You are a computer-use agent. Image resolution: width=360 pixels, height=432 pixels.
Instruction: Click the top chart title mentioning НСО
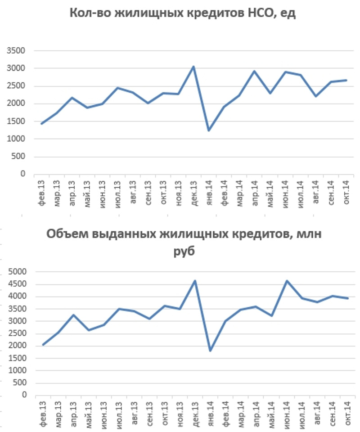point(182,13)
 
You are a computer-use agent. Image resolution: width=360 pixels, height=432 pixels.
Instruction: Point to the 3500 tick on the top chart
point(17,51)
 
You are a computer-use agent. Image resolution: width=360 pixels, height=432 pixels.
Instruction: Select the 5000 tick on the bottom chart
point(18,272)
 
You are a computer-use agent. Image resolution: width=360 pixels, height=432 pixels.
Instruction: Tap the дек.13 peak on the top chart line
point(193,67)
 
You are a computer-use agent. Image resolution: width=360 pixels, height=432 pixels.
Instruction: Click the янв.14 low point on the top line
point(209,130)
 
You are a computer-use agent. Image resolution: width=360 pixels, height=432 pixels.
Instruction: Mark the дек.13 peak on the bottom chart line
point(194,281)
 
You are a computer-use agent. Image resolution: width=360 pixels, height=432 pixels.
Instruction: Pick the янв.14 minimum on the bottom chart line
point(210,351)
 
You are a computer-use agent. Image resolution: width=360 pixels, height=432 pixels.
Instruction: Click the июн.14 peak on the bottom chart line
point(286,281)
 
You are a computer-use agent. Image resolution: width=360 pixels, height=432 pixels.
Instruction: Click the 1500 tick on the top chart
point(17,121)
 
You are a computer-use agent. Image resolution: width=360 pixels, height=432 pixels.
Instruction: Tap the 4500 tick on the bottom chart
point(18,284)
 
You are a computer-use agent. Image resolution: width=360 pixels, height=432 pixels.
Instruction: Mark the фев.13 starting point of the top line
point(42,123)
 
